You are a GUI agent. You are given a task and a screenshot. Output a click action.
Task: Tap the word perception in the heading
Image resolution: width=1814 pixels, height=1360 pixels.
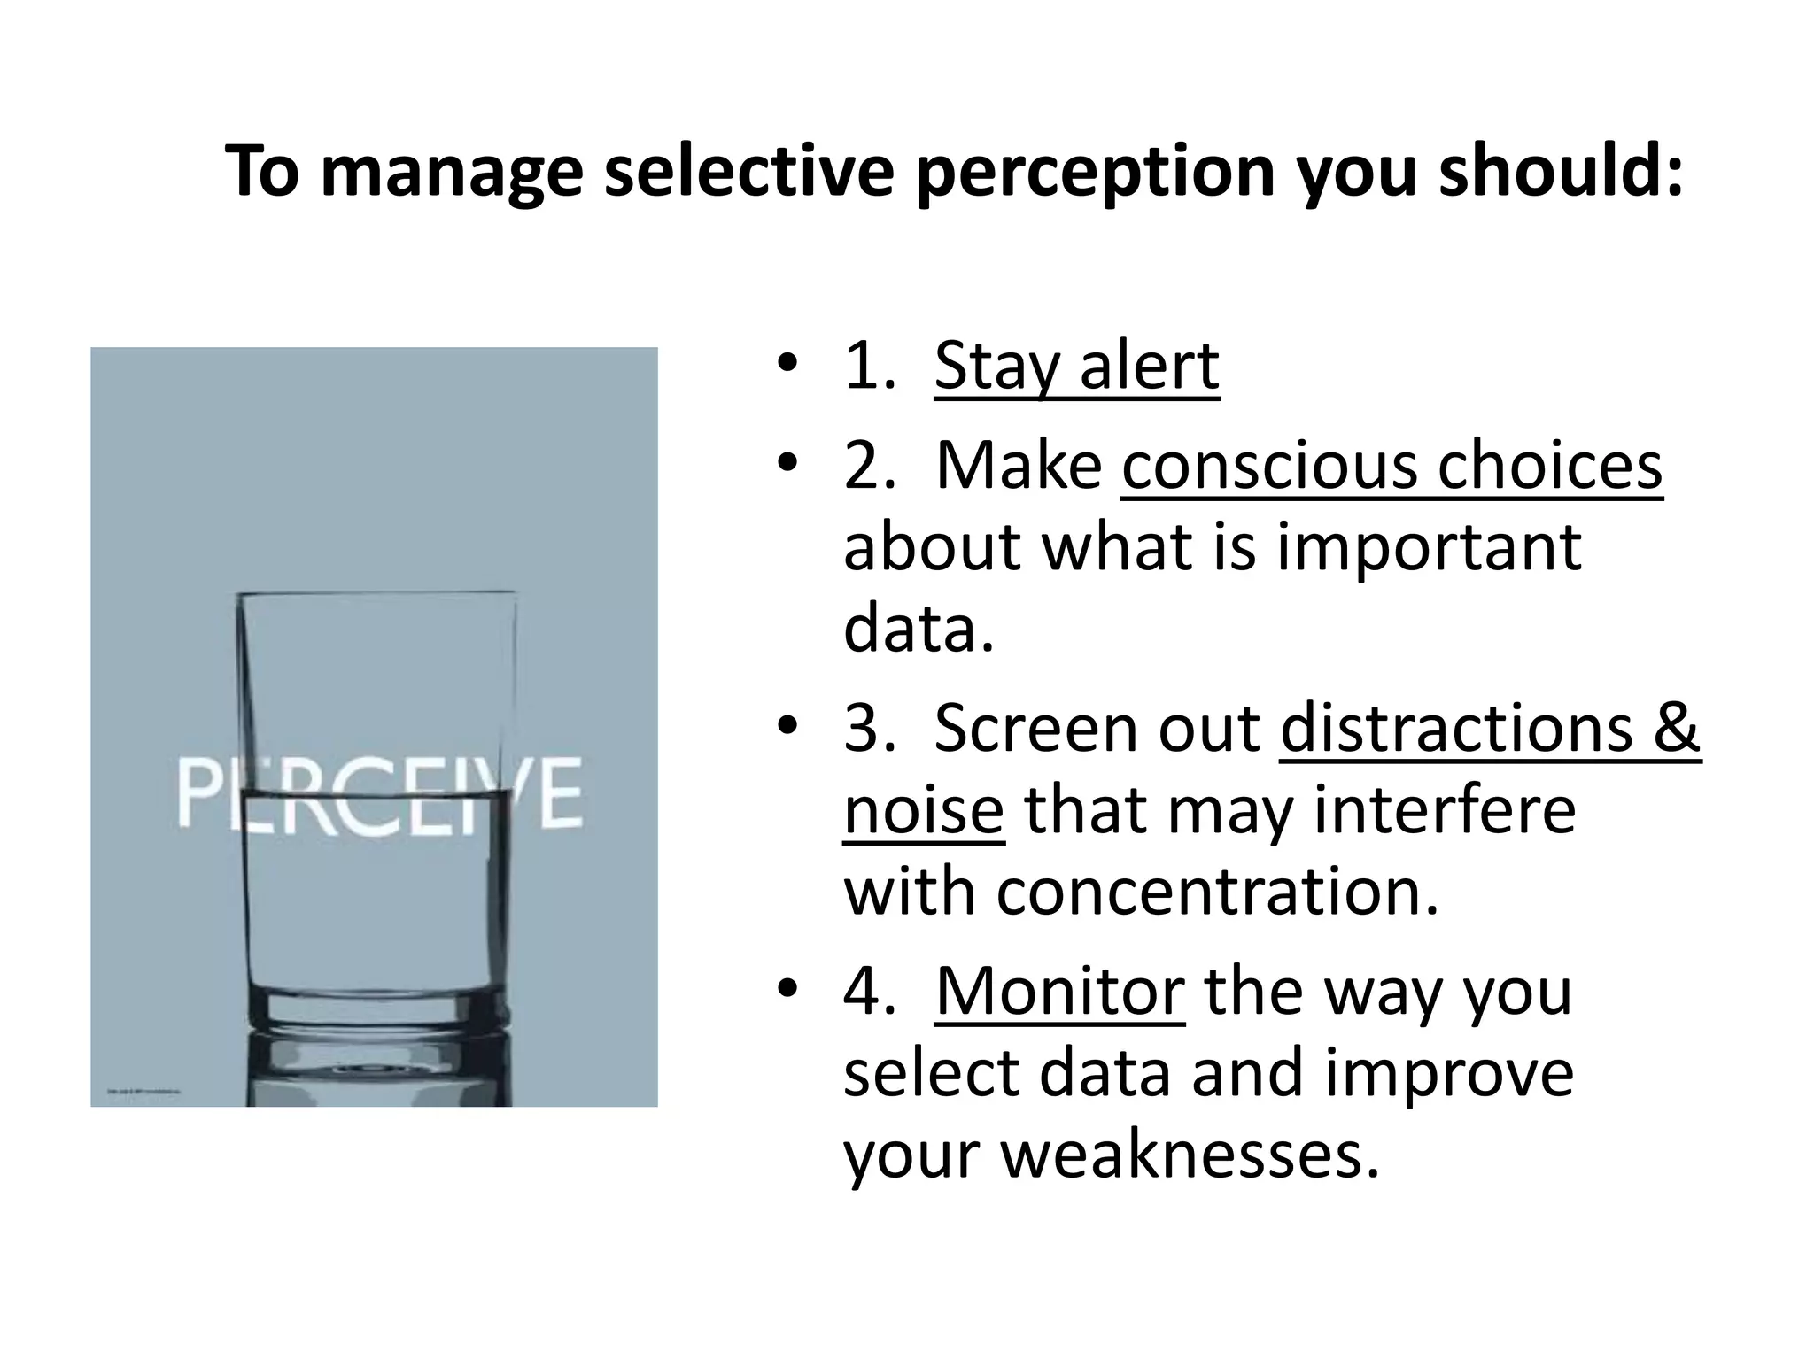(x=1095, y=173)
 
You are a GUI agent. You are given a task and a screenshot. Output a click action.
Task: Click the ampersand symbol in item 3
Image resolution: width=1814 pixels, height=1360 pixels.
(x=1674, y=728)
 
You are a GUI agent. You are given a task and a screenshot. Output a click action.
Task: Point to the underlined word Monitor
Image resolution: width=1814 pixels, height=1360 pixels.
(x=1059, y=991)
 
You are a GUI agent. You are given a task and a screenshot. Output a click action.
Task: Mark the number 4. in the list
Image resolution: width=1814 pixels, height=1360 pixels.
(x=870, y=991)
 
